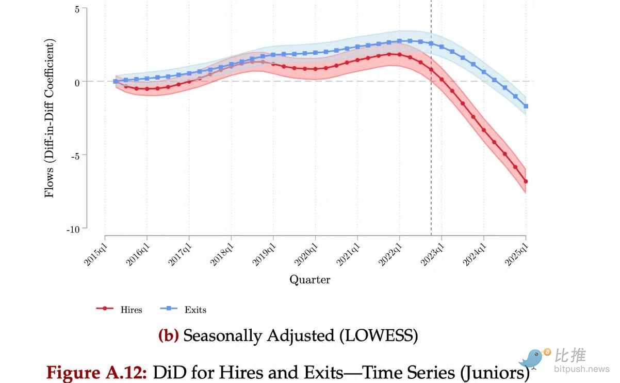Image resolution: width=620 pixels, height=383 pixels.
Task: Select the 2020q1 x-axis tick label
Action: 307,252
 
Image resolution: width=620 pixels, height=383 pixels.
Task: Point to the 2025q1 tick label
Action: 517,252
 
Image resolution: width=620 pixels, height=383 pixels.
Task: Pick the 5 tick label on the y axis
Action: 77,9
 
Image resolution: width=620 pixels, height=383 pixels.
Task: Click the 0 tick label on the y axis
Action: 77,82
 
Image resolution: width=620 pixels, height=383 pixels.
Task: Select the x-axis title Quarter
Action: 309,280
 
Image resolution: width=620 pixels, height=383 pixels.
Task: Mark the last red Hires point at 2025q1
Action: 526,181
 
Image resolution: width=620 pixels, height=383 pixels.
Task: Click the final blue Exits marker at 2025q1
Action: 526,106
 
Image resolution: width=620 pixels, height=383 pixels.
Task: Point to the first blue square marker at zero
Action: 115,81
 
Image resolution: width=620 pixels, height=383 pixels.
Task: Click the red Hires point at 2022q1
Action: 399,54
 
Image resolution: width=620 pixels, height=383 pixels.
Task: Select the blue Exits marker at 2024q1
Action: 484,72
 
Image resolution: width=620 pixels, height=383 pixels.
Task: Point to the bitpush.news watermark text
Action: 581,369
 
